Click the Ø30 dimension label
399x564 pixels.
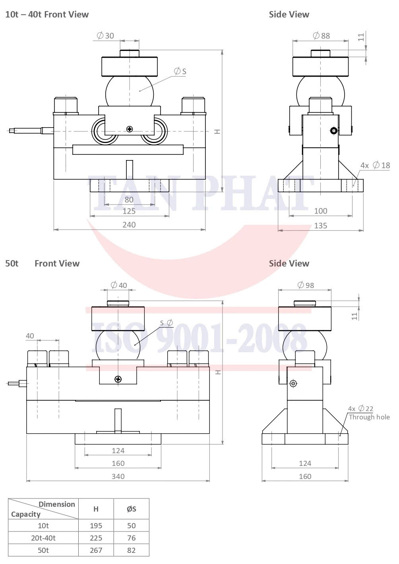coord(105,36)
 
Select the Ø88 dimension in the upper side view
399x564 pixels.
coord(322,36)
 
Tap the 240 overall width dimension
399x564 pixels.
coord(129,225)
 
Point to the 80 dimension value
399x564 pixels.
coord(129,200)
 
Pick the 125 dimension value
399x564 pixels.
coord(129,211)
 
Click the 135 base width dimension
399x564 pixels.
coord(320,226)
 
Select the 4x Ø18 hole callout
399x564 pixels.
coord(375,165)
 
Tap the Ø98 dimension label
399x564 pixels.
coord(306,285)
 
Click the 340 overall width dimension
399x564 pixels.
coord(118,476)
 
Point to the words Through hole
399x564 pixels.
coord(369,417)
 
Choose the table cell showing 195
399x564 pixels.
coord(96,525)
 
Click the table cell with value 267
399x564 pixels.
coord(96,550)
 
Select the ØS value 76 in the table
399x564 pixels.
coord(131,538)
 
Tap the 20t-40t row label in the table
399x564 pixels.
coord(43,538)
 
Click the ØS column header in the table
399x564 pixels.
coord(131,509)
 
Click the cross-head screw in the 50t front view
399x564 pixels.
coord(118,379)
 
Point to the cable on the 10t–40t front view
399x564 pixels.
coord(28,130)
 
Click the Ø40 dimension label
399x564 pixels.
coord(119,285)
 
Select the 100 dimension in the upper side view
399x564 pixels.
coord(320,211)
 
